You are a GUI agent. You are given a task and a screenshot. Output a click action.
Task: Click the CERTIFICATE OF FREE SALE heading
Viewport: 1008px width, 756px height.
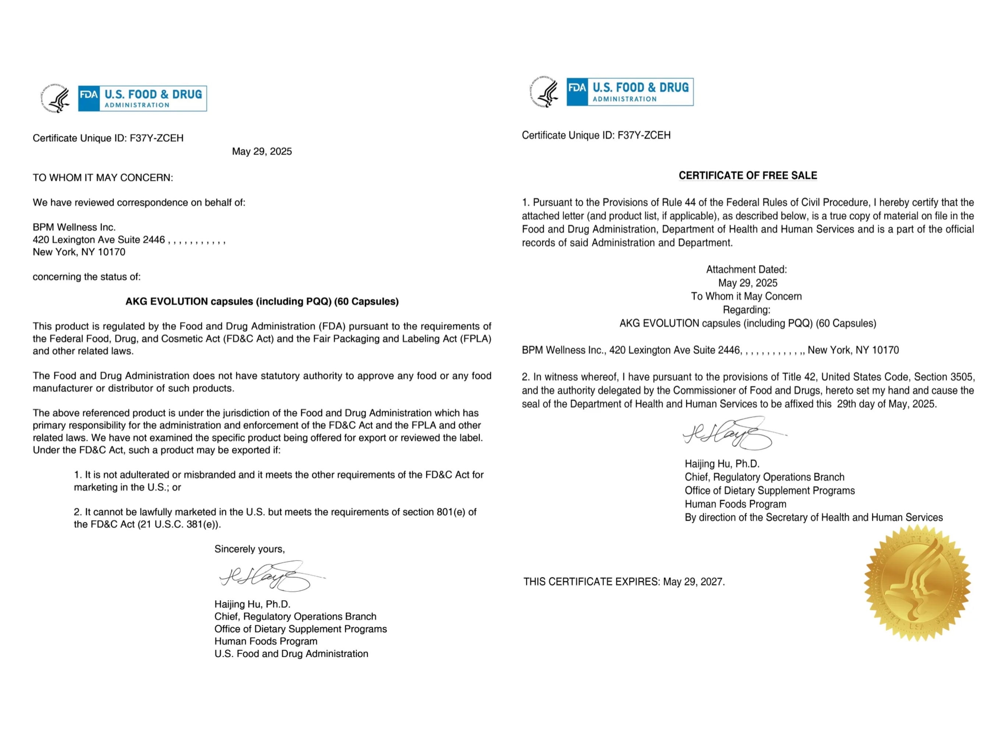pyautogui.click(x=748, y=176)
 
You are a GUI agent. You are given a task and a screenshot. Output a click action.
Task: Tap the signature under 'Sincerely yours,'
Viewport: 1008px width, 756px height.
pyautogui.click(x=269, y=576)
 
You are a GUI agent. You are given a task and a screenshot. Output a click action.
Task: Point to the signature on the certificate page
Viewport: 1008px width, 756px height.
pyautogui.click(x=732, y=433)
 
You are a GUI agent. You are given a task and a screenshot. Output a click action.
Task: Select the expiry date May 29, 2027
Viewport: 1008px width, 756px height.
pyautogui.click(x=694, y=582)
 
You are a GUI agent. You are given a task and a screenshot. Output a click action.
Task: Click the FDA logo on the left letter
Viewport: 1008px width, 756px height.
pyautogui.click(x=142, y=98)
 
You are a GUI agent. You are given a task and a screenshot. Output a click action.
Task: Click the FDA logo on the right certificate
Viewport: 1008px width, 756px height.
pyautogui.click(x=630, y=92)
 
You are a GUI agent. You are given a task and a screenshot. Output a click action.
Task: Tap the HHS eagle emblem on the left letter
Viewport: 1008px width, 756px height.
pyautogui.click(x=56, y=98)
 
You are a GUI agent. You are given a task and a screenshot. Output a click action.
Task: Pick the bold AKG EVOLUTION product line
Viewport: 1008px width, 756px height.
pyautogui.click(x=262, y=302)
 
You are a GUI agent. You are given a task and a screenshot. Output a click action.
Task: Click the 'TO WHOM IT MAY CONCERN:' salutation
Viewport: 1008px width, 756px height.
pyautogui.click(x=103, y=178)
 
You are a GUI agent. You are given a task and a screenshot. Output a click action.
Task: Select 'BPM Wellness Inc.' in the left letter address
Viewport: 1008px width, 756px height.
pyautogui.click(x=74, y=227)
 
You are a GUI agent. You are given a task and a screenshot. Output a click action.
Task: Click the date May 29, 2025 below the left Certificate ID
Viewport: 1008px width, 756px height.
pyautogui.click(x=262, y=152)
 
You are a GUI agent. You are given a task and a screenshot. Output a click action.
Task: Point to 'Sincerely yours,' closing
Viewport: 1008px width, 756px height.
pyautogui.click(x=250, y=549)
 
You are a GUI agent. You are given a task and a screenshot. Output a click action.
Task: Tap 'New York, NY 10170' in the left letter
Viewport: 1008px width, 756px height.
pyautogui.click(x=79, y=252)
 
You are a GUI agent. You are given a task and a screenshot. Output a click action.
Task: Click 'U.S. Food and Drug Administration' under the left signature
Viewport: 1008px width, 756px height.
pyautogui.click(x=291, y=654)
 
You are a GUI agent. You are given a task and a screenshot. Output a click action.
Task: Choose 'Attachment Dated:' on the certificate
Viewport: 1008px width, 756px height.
pyautogui.click(x=747, y=269)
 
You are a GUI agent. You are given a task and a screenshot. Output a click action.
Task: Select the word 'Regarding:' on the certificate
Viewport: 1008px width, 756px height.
pyautogui.click(x=747, y=310)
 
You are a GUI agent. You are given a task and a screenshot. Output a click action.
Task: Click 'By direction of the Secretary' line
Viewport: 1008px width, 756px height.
pyautogui.click(x=813, y=517)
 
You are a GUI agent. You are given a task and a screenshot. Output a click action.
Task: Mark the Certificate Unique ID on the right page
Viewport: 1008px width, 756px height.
pyautogui.click(x=596, y=135)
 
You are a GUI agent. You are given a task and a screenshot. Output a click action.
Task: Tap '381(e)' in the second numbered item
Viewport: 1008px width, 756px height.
pyautogui.click(x=202, y=524)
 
